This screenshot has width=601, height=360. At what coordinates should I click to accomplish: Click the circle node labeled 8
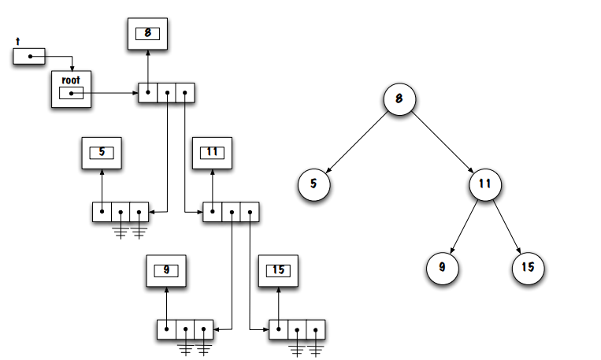coord(399,100)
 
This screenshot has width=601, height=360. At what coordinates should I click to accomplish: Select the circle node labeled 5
coord(313,185)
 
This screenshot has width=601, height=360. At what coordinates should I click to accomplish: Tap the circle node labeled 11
coord(485,185)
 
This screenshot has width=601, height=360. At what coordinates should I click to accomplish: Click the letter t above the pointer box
coord(17,40)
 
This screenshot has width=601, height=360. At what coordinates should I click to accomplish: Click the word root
coord(71,80)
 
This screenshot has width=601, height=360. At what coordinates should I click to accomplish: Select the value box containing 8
coord(147,33)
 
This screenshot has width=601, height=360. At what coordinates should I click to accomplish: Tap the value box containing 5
coord(102,152)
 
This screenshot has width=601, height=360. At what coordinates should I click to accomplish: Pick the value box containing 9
coord(166,270)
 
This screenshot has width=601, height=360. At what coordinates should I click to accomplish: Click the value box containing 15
coord(278,270)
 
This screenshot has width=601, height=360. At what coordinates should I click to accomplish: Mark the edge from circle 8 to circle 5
coord(356,143)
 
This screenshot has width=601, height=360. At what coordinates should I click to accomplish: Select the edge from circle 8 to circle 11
coord(442,143)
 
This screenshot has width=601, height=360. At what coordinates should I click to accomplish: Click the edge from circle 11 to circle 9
coord(465,226)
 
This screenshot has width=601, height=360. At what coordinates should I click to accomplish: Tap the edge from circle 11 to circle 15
coord(506,226)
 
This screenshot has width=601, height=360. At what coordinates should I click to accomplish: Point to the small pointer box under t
coord(29,57)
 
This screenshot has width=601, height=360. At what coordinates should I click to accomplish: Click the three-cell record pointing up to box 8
coord(166,93)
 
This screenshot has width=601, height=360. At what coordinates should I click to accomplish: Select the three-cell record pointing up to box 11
coord(231,212)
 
